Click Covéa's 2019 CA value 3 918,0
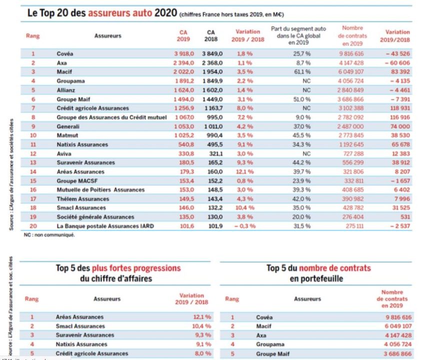(183, 53)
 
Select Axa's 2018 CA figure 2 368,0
(212, 63)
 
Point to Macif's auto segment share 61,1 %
(302, 72)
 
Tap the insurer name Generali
(67, 126)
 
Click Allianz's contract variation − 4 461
(398, 90)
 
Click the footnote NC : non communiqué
(48, 235)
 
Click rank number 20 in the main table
(33, 226)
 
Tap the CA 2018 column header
(211, 35)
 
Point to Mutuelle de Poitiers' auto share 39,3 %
(302, 190)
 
